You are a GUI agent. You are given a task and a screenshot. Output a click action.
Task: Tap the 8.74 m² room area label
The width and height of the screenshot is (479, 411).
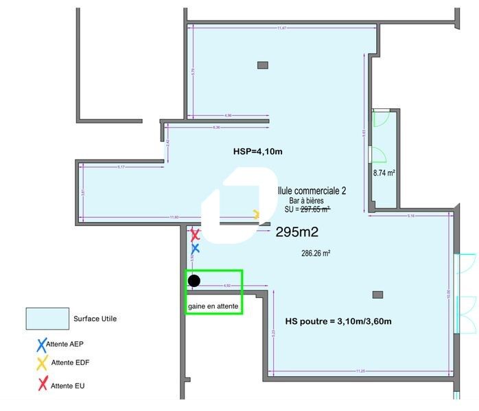384,173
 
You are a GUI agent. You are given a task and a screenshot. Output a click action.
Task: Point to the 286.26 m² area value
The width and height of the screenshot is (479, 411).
316,253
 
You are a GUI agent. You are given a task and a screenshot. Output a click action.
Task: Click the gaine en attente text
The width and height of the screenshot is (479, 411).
213,306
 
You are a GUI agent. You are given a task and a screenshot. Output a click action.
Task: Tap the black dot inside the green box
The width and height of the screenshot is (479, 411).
194,280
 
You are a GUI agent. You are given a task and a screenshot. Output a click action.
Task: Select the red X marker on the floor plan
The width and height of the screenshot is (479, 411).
195,235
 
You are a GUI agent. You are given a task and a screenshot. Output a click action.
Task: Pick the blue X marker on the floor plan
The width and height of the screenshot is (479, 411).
195,248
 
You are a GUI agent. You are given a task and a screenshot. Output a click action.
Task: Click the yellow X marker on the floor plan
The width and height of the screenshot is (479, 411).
257,214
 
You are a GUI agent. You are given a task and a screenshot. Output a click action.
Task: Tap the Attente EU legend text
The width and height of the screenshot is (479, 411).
67,386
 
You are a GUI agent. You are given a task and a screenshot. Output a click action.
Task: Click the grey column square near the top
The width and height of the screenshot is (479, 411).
262,65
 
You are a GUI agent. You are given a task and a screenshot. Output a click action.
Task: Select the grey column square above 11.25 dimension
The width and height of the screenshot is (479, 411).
376,295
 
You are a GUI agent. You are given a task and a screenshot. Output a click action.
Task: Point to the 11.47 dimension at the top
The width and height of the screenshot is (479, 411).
281,28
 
